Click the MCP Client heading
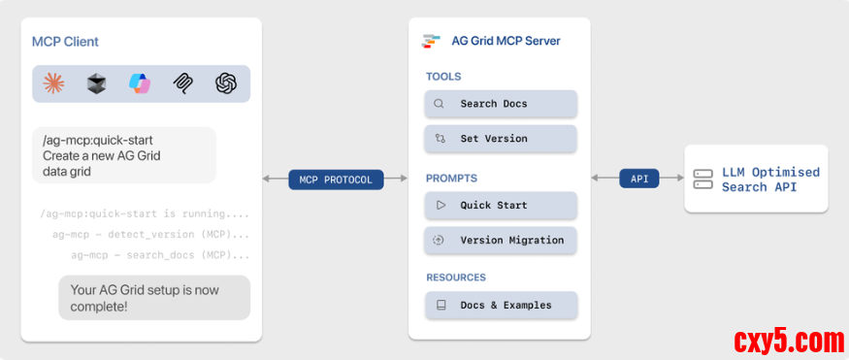click(x=66, y=42)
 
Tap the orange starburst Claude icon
click(x=54, y=83)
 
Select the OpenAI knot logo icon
click(x=226, y=83)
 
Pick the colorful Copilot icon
click(x=140, y=83)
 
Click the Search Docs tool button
click(x=501, y=104)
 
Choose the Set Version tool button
click(x=501, y=139)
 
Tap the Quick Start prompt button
click(x=501, y=205)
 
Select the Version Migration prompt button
click(x=501, y=241)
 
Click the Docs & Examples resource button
click(x=501, y=306)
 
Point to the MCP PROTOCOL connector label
click(x=336, y=180)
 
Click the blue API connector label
click(x=638, y=179)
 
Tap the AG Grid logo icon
click(x=431, y=41)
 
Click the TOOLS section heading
click(x=443, y=77)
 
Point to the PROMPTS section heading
click(x=451, y=179)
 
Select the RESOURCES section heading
click(x=456, y=278)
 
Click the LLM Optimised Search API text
click(x=770, y=180)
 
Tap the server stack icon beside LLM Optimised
click(x=702, y=180)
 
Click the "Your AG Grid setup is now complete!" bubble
click(x=154, y=298)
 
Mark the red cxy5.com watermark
click(x=789, y=342)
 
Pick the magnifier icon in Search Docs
click(x=440, y=104)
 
